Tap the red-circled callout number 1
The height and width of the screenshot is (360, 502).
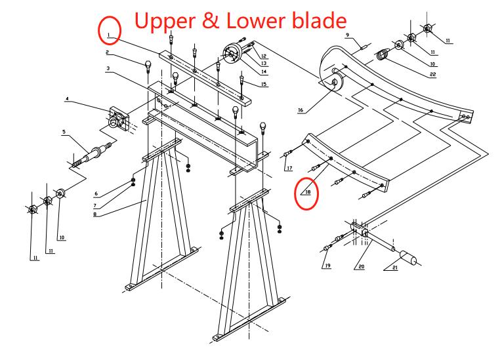109,31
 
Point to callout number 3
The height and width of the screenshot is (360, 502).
106,68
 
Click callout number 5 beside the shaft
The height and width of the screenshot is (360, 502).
64,132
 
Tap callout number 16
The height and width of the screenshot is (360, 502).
301,110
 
